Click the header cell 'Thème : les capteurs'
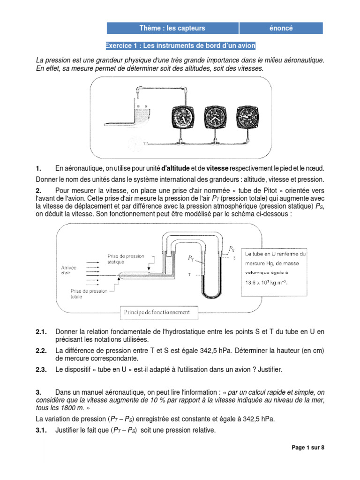[x=172, y=28]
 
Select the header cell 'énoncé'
[x=281, y=28]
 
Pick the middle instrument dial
[x=216, y=118]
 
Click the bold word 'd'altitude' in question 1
[x=176, y=168]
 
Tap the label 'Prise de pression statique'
[x=126, y=259]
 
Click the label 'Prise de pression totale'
[x=89, y=293]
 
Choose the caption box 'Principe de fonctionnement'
[x=157, y=312]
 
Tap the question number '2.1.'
[x=41, y=332]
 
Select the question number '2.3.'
[x=41, y=370]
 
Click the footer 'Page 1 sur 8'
[x=307, y=448]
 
